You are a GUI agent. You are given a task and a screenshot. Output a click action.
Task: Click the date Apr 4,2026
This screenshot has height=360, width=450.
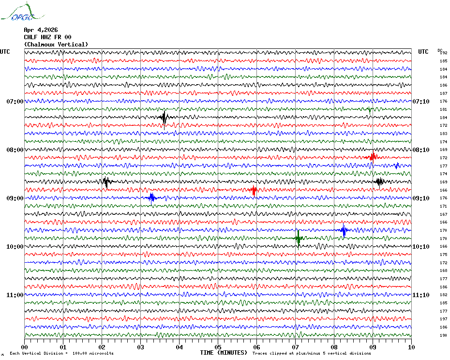coord(41,30)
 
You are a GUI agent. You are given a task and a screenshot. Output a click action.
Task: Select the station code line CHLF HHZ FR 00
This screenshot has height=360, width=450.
coord(47,37)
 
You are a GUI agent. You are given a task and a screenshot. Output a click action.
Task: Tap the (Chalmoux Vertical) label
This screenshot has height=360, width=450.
coord(56,45)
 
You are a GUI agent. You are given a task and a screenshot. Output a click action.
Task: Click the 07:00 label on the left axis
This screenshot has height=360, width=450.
coord(15,102)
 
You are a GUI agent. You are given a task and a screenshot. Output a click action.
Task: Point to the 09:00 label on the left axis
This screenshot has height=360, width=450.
coord(15,198)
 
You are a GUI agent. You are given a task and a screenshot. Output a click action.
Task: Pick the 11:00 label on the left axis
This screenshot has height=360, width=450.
coord(15,295)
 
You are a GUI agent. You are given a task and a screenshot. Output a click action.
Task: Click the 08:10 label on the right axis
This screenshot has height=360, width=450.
coord(421,150)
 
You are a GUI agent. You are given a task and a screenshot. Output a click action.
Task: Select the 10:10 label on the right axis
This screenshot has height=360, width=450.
coord(421,247)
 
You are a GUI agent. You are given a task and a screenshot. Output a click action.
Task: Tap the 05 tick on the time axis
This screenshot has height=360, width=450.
coord(218,347)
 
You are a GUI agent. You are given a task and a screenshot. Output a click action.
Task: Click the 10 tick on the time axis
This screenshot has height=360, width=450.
coord(411,347)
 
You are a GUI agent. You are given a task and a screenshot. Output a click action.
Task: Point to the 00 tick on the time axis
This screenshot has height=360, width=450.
coord(25,347)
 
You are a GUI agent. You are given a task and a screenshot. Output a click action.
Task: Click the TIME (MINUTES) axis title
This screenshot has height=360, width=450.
coord(224,353)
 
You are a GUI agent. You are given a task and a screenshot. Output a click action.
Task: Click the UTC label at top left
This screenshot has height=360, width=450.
coord(5,52)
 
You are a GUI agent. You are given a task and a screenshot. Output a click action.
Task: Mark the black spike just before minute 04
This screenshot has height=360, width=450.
coord(165,117)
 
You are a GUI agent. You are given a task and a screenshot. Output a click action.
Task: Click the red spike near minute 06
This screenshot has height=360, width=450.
coord(254,190)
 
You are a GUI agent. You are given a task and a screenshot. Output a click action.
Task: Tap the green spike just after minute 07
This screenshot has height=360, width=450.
coord(298,238)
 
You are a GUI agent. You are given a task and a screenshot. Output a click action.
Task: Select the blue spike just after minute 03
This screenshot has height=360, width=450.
coord(151,197)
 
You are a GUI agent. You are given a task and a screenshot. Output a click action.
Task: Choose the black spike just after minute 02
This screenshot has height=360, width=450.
coord(106,182)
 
